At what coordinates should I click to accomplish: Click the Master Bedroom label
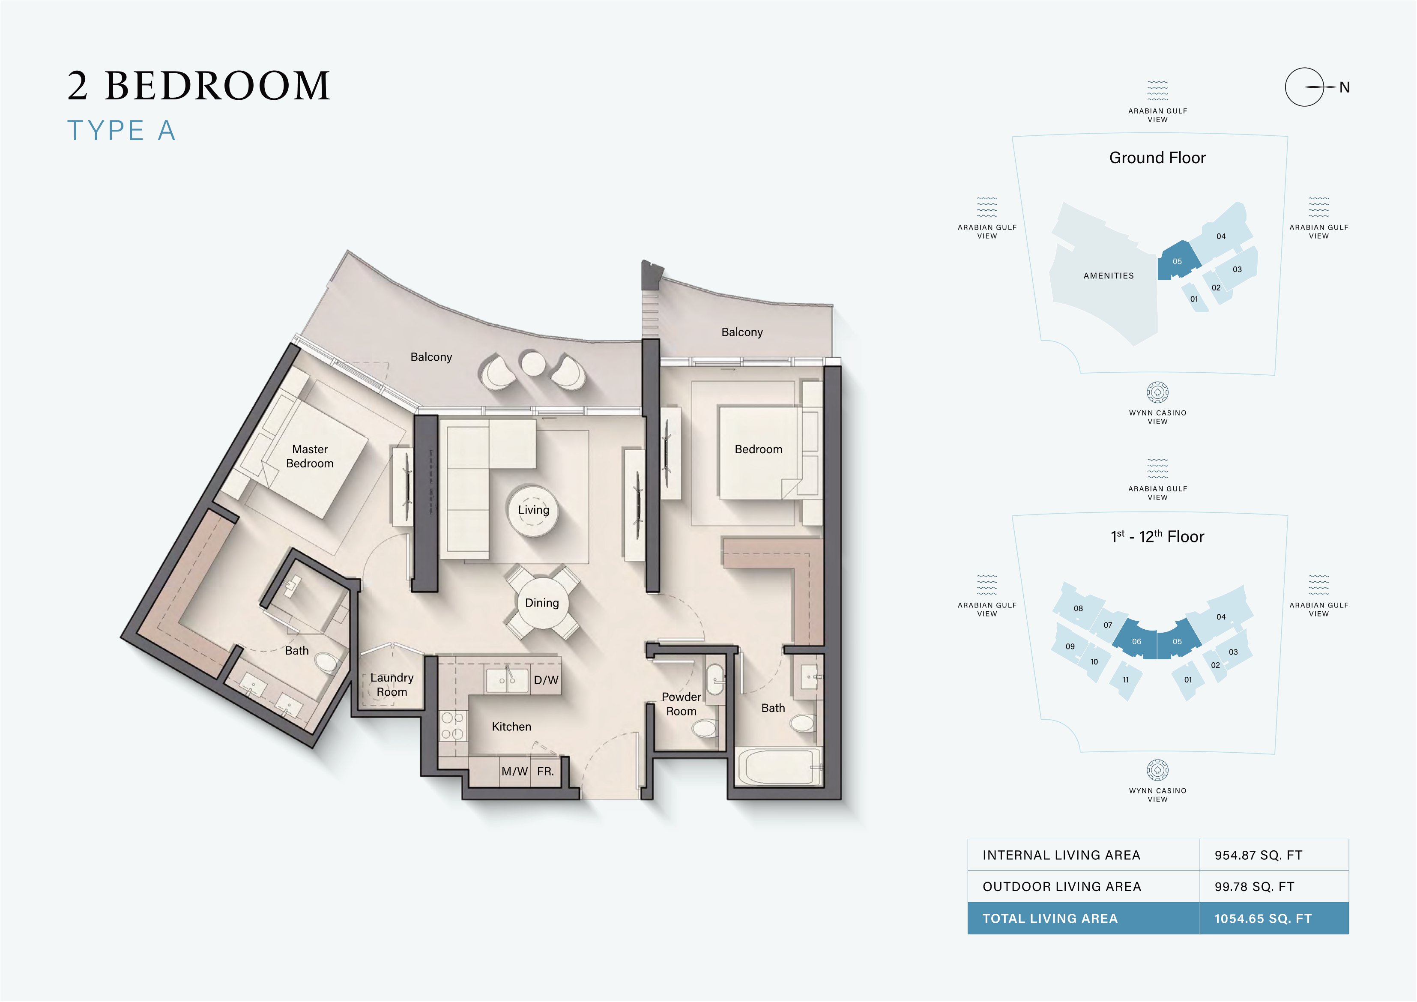[310, 456]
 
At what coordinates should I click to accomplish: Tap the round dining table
[542, 603]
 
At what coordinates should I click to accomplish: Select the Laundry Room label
[392, 685]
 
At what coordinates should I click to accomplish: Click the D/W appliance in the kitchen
[546, 680]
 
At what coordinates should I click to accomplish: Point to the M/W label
[515, 772]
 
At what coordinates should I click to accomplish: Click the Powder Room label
[682, 704]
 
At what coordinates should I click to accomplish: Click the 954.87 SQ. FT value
[1259, 855]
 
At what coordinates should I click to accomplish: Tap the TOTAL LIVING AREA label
[1050, 918]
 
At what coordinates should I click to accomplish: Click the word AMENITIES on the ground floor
[1109, 276]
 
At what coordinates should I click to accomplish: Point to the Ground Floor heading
[1157, 158]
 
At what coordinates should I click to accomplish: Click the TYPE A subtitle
[122, 131]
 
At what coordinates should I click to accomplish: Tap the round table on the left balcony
[532, 363]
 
